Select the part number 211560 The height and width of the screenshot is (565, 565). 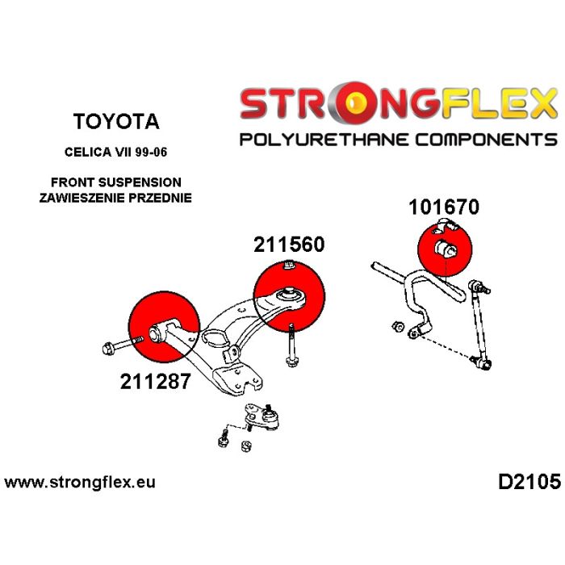tap(289, 244)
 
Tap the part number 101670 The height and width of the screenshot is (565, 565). tap(443, 207)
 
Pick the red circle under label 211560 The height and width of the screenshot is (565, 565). tap(288, 298)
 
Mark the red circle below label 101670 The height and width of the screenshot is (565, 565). tap(446, 248)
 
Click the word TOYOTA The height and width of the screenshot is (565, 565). tap(116, 122)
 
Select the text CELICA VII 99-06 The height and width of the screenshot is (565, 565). tap(116, 151)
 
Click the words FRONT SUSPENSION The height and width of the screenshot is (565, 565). tap(116, 182)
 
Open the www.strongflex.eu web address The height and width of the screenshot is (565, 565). tap(80, 483)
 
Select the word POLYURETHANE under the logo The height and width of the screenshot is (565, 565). tap(328, 140)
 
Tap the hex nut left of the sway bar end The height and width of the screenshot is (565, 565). tap(398, 327)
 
